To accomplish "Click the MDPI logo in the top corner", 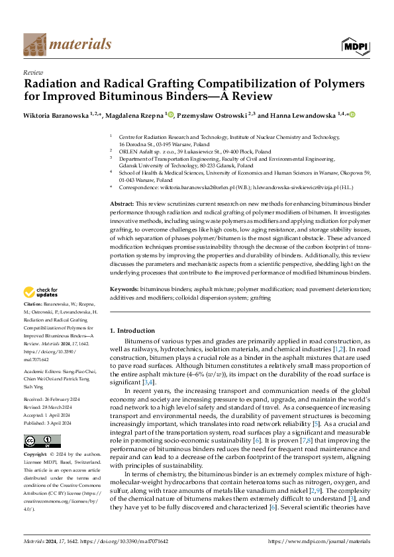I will [x=356, y=44].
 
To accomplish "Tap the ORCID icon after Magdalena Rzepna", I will [x=171, y=115].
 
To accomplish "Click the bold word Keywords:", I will [x=124, y=289].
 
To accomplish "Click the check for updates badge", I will [x=41, y=292].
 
